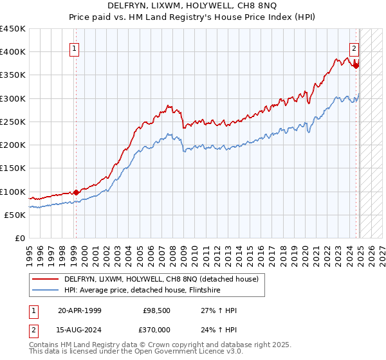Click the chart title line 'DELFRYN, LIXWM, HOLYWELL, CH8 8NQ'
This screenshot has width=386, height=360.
(x=194, y=6)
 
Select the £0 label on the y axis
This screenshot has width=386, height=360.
(x=21, y=239)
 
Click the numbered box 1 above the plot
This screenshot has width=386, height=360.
(x=75, y=48)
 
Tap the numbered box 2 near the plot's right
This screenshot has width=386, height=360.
(x=354, y=47)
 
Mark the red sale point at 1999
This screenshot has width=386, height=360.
(x=76, y=192)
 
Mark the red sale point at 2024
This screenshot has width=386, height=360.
(x=356, y=65)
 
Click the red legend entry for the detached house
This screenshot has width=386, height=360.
(x=161, y=279)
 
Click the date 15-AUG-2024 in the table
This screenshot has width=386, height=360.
(x=80, y=330)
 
